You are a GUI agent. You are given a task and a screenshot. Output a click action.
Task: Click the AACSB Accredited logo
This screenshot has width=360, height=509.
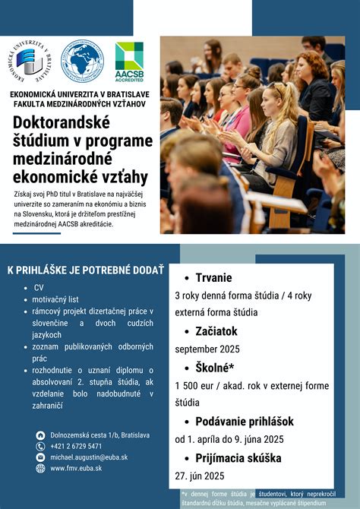128,61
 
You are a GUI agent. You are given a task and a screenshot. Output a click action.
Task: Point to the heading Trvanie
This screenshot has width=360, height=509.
213,277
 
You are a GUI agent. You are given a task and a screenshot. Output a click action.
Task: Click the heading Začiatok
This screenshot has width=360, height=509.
216,331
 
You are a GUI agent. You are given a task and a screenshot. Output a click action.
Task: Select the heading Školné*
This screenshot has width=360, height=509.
215,368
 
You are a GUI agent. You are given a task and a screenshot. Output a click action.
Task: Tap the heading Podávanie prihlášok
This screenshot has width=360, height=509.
244,421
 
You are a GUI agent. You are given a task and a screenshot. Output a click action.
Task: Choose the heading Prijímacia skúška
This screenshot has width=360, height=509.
238,457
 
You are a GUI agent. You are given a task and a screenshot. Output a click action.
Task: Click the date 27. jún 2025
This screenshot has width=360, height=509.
199,476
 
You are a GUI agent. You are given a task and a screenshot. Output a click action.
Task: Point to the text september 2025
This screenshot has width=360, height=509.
207,349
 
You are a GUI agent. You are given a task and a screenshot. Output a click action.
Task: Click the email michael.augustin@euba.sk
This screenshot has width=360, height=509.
89,457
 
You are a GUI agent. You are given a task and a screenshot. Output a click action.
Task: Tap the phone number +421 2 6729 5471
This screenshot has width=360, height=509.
76,446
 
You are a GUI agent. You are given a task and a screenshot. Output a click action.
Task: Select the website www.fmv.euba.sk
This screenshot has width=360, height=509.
76,469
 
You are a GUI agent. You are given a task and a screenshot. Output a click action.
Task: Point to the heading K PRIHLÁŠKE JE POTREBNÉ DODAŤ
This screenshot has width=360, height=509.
85,270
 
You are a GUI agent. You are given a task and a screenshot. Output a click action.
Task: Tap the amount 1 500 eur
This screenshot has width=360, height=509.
195,386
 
